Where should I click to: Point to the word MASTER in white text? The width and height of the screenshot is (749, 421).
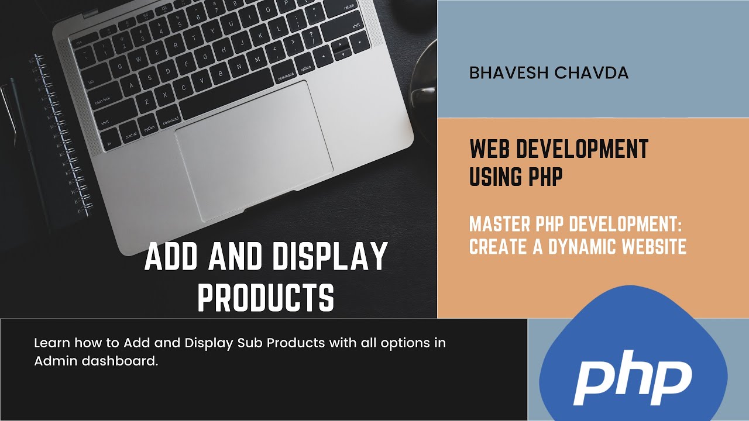click(497, 225)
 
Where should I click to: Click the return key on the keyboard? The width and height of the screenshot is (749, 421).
click(349, 7)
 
